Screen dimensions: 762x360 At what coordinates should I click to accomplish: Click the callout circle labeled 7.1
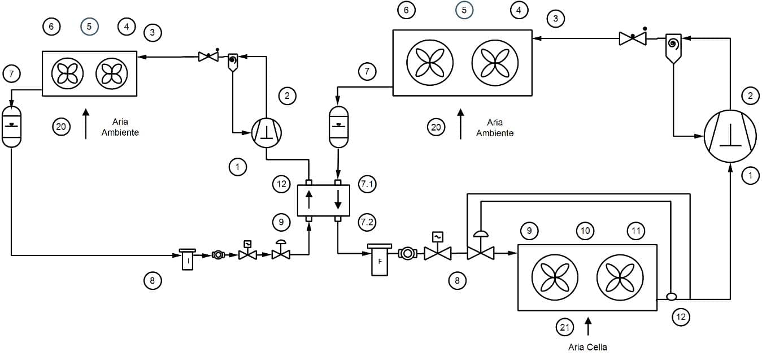367,184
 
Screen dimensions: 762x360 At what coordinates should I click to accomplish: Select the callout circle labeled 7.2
367,222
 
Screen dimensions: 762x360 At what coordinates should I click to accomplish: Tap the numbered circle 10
585,231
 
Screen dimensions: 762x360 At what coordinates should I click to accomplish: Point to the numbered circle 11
636,231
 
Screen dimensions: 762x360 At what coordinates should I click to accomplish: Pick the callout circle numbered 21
565,327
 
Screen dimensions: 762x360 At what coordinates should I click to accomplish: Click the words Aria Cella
587,347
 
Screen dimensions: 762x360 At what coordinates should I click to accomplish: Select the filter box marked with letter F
380,260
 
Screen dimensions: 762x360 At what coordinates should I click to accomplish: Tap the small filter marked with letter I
188,259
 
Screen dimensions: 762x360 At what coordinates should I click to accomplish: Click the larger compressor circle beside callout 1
730,136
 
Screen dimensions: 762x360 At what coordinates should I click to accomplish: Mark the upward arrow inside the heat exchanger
309,199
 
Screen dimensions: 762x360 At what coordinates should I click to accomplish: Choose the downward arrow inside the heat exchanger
338,199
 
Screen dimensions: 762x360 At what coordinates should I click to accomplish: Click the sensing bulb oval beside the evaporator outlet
671,297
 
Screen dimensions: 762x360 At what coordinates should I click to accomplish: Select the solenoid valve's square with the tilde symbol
437,236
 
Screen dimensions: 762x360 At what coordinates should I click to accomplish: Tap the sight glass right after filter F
407,254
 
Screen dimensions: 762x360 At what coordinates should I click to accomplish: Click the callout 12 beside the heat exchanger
281,184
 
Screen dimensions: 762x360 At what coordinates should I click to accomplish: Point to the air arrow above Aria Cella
588,326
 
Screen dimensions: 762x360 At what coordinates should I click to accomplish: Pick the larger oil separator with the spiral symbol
673,48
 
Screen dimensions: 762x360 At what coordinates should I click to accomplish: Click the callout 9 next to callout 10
529,231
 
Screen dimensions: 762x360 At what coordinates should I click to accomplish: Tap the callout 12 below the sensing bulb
681,317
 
